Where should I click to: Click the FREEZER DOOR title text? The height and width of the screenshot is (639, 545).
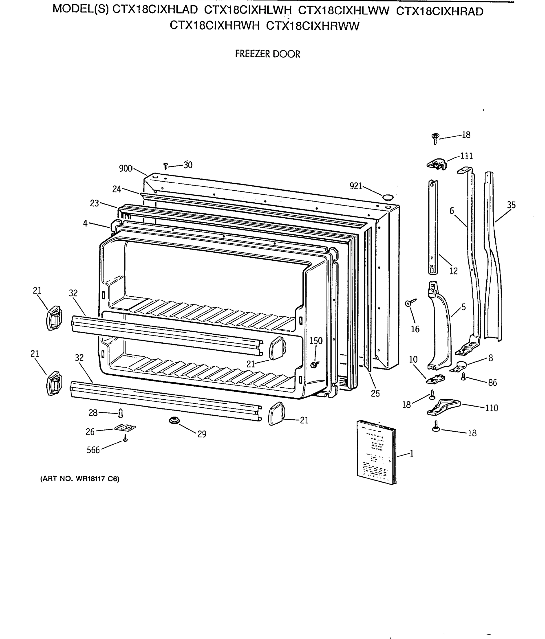point(267,54)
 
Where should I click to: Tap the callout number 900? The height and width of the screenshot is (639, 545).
point(126,168)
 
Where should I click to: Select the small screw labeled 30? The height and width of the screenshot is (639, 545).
point(165,166)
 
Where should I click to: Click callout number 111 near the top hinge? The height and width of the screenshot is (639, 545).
point(466,156)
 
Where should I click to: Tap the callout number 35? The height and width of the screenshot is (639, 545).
point(511,205)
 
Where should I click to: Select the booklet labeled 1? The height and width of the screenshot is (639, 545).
point(376,452)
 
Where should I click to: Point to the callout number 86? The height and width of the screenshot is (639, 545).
point(492,383)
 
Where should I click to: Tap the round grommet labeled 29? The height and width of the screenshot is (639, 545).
point(174,420)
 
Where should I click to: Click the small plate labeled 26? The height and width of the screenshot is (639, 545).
point(125,428)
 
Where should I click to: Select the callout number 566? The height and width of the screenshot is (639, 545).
point(93,450)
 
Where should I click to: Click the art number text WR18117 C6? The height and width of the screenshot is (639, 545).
point(80,479)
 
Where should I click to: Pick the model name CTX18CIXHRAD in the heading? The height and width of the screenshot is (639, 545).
point(439,11)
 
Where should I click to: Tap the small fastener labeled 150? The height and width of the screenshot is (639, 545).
point(314,365)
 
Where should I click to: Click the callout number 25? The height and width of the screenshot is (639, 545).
point(375,393)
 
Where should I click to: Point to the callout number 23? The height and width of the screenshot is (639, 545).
point(94,203)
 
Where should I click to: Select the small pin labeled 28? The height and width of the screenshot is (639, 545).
point(121,413)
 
